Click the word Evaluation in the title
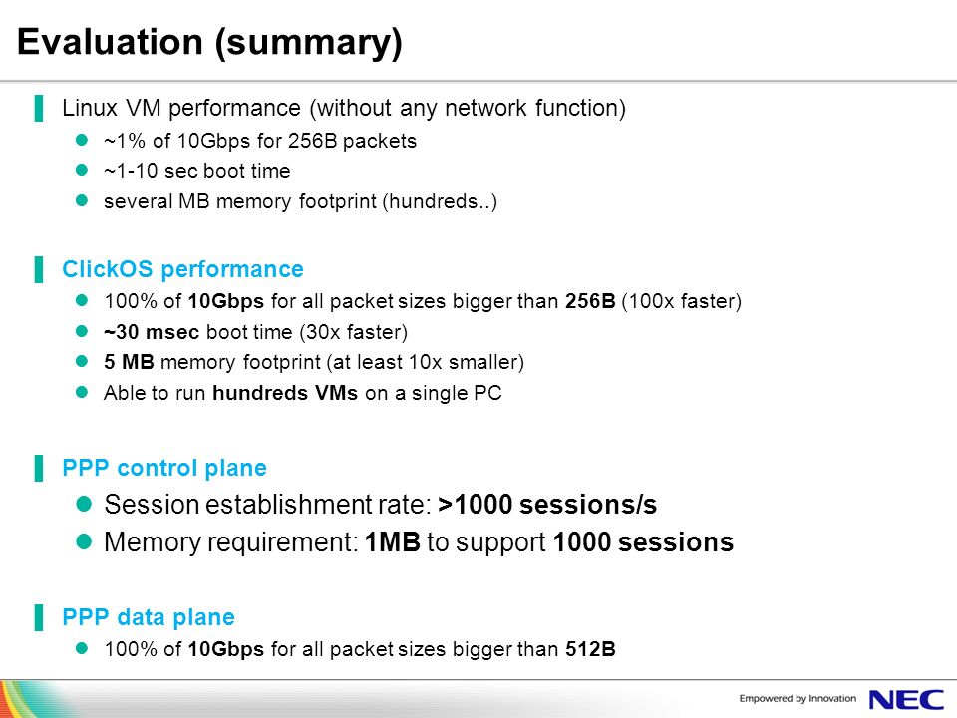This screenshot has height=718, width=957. [x=110, y=42]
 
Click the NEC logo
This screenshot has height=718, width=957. [x=906, y=699]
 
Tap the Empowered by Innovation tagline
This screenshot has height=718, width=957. [x=797, y=698]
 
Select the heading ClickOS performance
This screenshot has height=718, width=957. [x=182, y=269]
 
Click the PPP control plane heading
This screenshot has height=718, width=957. [x=164, y=468]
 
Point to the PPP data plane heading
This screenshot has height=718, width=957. [x=149, y=617]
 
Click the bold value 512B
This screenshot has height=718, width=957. [x=590, y=649]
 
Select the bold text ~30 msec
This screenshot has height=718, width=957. [x=152, y=332]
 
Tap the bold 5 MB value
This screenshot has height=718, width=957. [x=129, y=362]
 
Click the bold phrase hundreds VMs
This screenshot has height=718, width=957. [x=285, y=393]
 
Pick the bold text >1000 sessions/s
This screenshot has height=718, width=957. [x=547, y=505]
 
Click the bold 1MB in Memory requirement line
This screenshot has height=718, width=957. [x=393, y=542]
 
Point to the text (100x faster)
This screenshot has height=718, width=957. [x=681, y=301]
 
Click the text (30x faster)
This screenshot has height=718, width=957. [x=353, y=332]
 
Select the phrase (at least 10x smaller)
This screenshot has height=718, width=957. [x=426, y=362]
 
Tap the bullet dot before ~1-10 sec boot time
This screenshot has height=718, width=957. [x=82, y=170]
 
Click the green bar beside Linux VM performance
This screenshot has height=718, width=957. [x=39, y=108]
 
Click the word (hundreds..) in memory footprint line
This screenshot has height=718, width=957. [x=440, y=201]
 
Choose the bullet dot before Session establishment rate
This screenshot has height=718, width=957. [x=84, y=504]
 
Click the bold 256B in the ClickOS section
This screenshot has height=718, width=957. [x=590, y=301]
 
